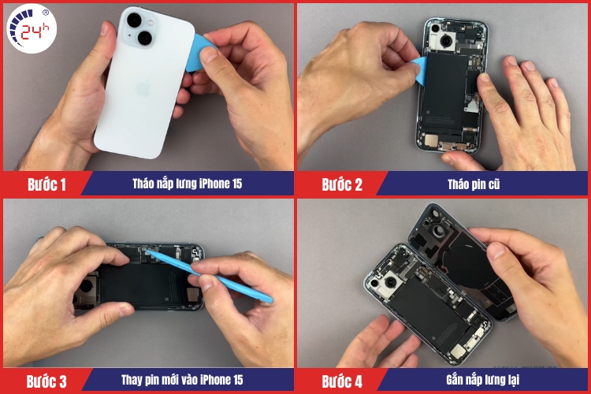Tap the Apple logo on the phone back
[x=143, y=87]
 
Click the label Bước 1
[x=46, y=185]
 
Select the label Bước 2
[x=342, y=185]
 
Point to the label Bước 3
[x=46, y=381]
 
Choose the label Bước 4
[x=342, y=381]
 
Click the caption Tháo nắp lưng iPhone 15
[x=187, y=184]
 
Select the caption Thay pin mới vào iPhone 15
[x=187, y=381]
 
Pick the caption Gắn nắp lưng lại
[x=483, y=381]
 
